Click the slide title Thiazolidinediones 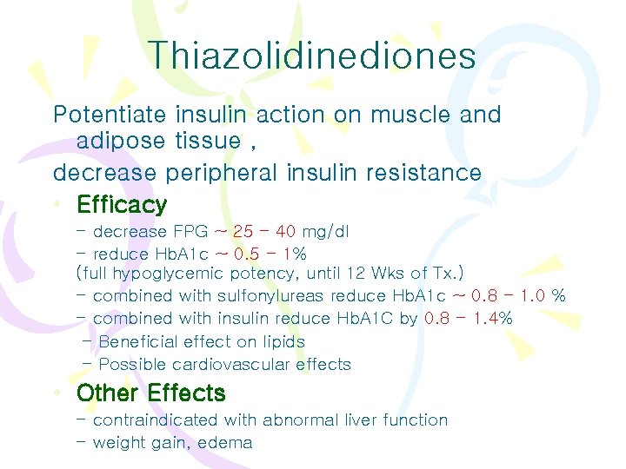312,56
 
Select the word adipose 111,141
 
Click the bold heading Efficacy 122,205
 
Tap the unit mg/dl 326,232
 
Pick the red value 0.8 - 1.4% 469,319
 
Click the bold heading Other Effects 151,393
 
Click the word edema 224,443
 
